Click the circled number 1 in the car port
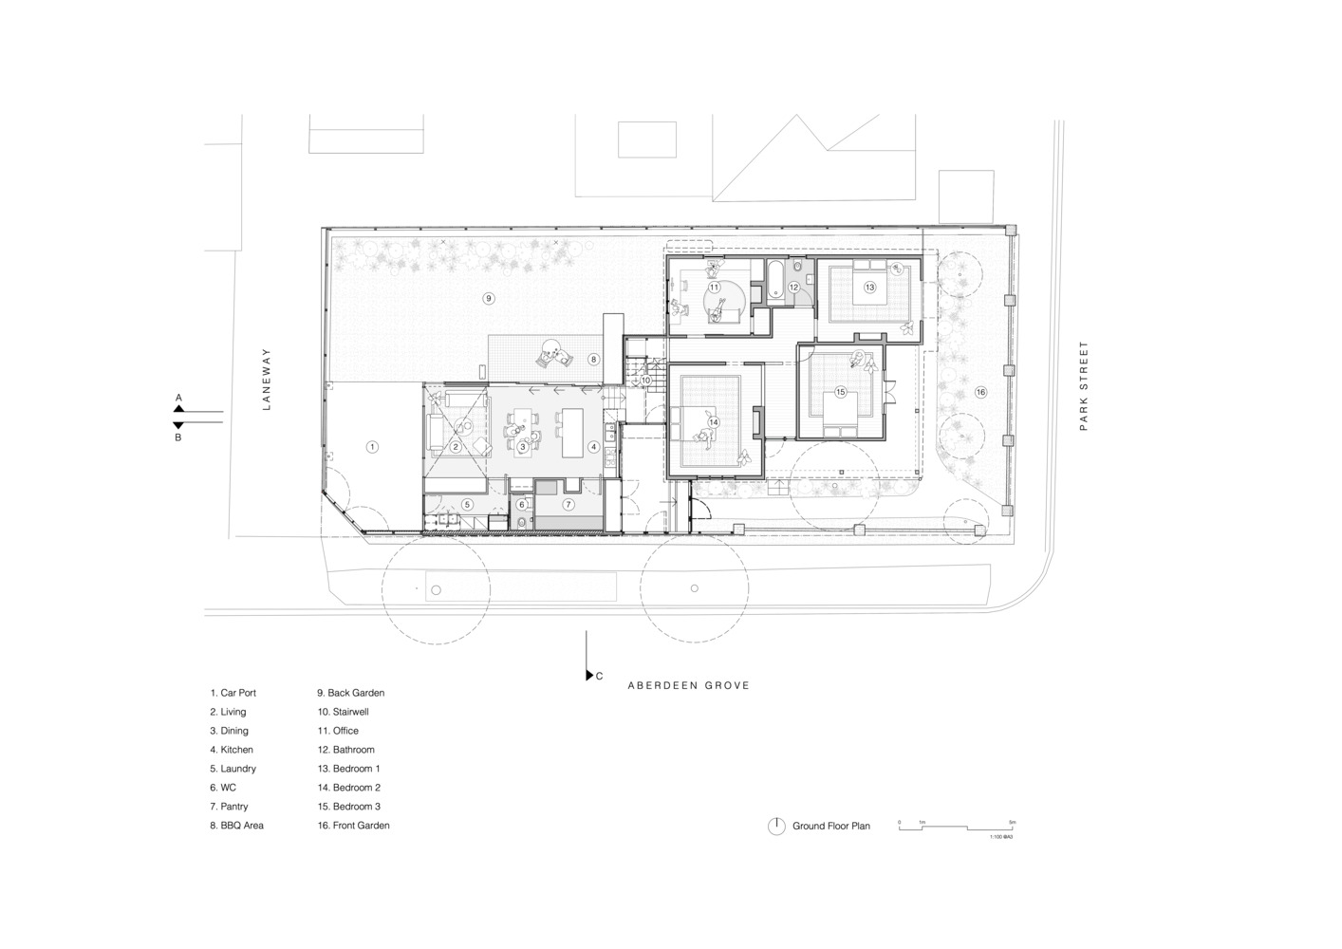click(x=372, y=446)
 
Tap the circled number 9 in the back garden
click(x=489, y=298)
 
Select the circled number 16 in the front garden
click(x=980, y=392)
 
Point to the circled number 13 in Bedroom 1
click(x=869, y=286)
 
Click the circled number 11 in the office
click(x=713, y=287)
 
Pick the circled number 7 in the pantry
click(x=568, y=504)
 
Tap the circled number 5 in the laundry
click(x=467, y=504)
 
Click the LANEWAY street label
click(x=267, y=379)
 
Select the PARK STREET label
click(x=1083, y=386)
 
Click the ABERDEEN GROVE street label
click(x=688, y=685)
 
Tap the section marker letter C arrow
click(x=590, y=675)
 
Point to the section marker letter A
click(x=178, y=398)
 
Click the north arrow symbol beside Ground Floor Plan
click(x=776, y=827)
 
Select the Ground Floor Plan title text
click(x=831, y=827)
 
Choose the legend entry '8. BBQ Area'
click(x=237, y=826)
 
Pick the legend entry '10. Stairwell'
click(x=343, y=712)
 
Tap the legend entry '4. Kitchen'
click(x=232, y=750)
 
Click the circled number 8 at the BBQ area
click(x=593, y=360)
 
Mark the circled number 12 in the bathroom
click(x=794, y=287)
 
